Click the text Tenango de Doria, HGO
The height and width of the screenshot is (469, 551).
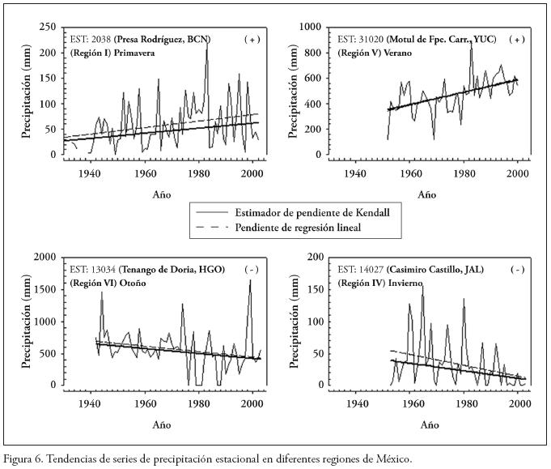174,269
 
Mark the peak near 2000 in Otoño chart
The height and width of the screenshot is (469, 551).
250,281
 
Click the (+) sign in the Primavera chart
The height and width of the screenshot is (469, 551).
252,39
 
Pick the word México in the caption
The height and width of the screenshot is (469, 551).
392,458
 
